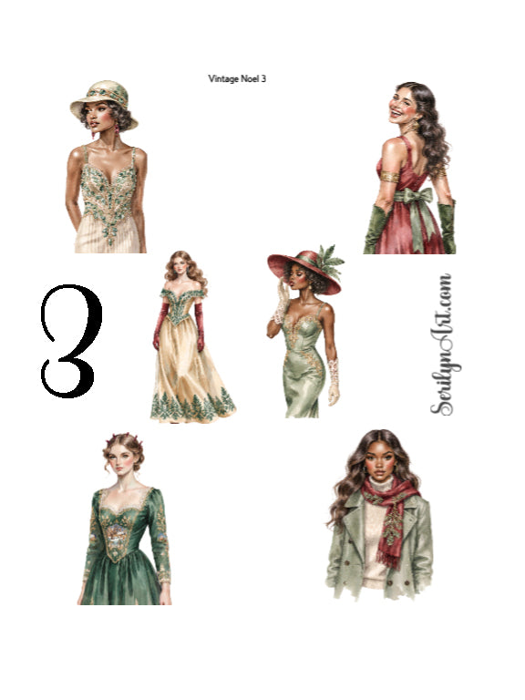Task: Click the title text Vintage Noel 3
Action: (237, 78)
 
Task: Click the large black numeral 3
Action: (70, 341)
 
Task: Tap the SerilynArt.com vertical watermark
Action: (442, 345)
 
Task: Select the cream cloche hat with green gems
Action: (104, 103)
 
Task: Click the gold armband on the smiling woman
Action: (389, 176)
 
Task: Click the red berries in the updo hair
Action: (124, 437)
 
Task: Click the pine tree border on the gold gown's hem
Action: (193, 406)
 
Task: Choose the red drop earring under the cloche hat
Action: (117, 129)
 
